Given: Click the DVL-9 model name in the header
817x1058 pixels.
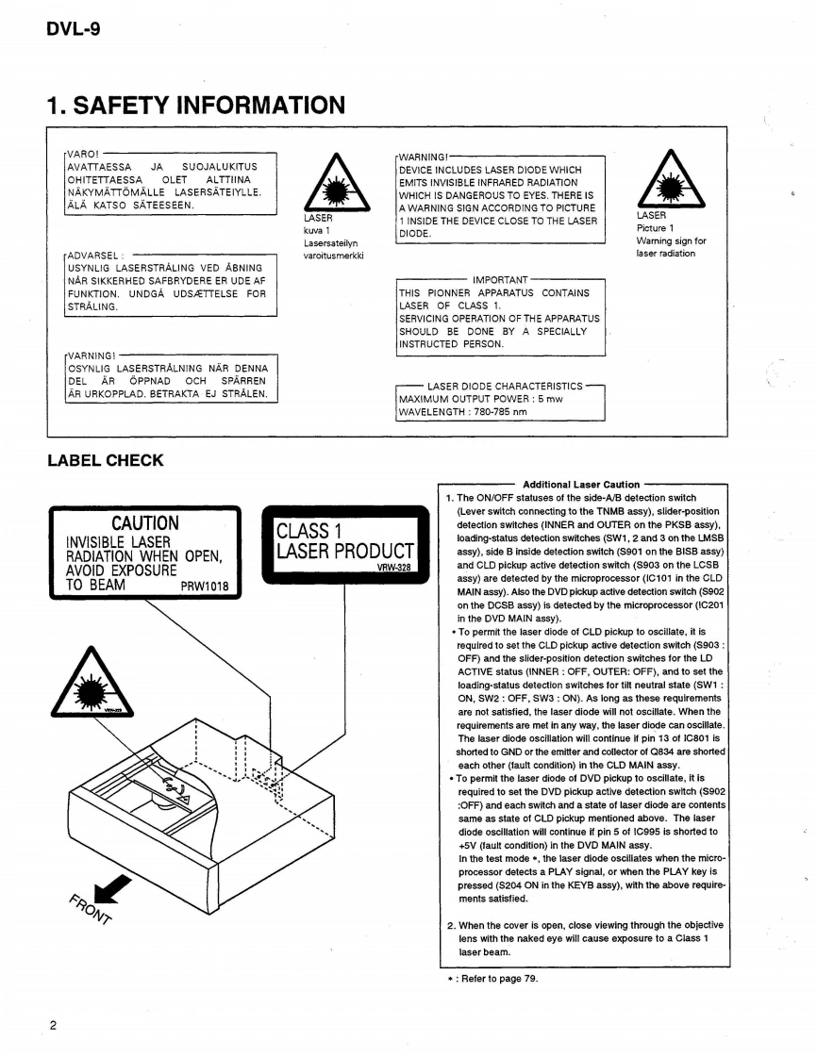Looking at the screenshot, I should [x=73, y=29].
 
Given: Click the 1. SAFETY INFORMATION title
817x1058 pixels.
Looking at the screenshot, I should [x=195, y=105].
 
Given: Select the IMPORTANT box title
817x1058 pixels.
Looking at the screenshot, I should [x=500, y=280].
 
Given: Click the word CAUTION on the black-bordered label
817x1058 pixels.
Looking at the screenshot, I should [x=144, y=522].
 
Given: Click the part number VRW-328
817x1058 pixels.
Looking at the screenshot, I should [x=395, y=569].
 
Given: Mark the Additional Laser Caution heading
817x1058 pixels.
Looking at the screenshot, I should [x=581, y=485].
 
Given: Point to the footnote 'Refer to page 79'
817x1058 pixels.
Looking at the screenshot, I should [x=494, y=979].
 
